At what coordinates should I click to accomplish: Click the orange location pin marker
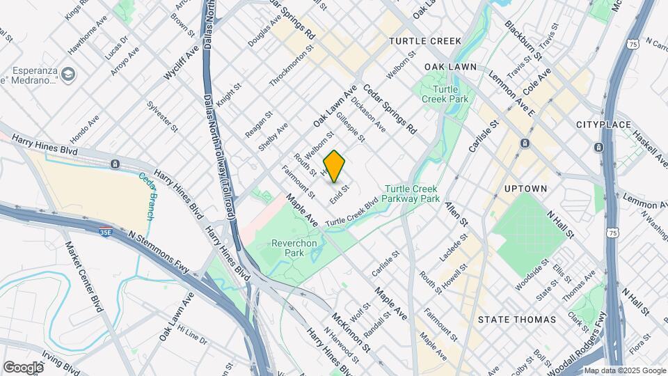[x=335, y=166]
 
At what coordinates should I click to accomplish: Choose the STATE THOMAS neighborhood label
[x=517, y=320]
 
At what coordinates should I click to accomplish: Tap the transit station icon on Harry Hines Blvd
[x=115, y=164]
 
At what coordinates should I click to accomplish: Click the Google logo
[x=23, y=367]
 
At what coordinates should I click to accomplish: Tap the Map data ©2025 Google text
[x=624, y=370]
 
